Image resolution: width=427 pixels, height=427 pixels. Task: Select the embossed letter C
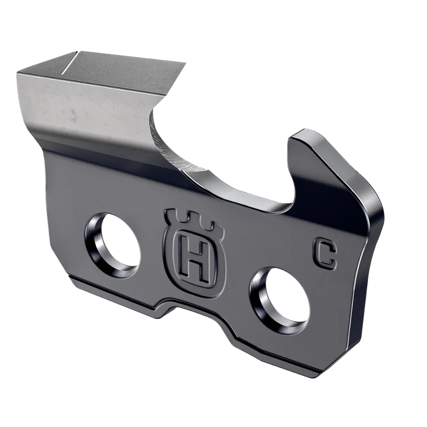tap(325, 255)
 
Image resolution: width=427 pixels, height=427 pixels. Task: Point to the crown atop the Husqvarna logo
tap(189, 218)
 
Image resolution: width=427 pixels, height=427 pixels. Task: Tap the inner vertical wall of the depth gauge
tap(290, 171)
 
